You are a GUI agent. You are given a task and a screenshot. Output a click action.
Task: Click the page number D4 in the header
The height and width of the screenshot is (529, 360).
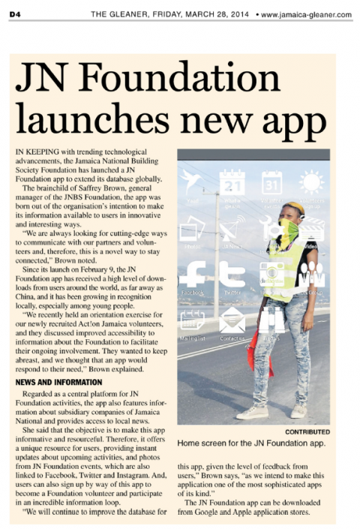click(15, 14)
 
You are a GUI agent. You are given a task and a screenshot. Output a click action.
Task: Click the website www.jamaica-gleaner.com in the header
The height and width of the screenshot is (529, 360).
click(305, 14)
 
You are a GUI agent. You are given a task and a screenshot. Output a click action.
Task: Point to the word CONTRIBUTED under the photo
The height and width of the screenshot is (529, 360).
click(307, 432)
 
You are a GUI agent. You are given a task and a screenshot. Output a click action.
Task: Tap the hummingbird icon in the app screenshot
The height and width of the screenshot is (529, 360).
click(192, 182)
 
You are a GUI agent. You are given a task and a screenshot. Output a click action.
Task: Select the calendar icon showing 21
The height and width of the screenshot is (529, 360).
click(232, 182)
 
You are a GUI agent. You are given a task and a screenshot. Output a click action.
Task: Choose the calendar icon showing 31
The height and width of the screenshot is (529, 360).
click(271, 182)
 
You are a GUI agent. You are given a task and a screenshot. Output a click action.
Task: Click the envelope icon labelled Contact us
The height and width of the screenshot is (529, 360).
click(232, 320)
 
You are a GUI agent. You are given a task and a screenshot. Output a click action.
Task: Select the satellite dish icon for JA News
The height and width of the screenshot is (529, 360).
click(232, 228)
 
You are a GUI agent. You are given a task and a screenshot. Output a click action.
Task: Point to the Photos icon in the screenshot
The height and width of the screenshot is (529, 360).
click(192, 228)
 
